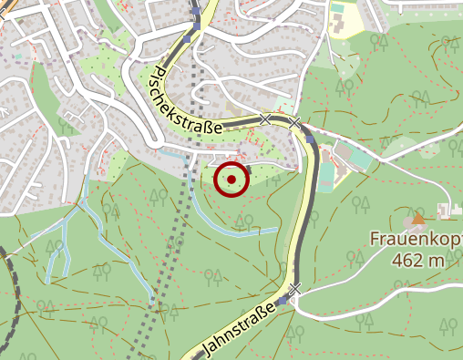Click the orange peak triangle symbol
click(418, 218)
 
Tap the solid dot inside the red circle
click(231, 180)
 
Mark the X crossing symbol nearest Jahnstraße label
click(293, 289)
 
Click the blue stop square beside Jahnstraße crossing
click(282, 299)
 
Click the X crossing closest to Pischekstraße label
click(264, 118)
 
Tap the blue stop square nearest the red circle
click(311, 140)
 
